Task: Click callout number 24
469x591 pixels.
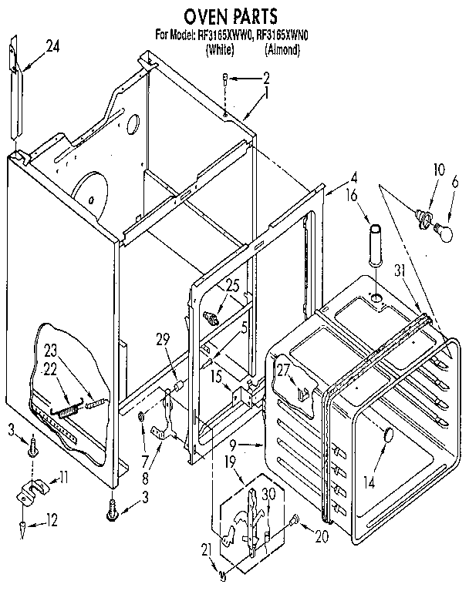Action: pos(52,46)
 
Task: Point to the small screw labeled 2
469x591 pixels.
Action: pos(224,77)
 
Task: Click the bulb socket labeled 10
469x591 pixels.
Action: pos(423,216)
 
